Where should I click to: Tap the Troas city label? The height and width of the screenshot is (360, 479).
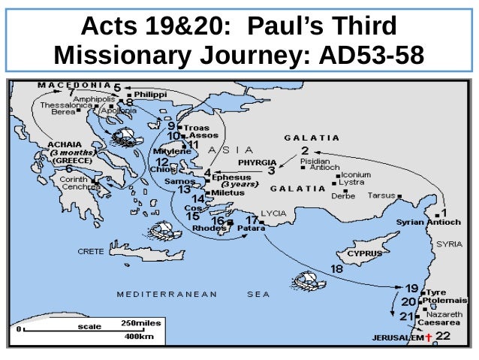click(x=197, y=127)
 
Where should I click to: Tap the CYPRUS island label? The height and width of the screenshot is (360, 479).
click(x=363, y=253)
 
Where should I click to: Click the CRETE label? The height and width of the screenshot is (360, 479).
click(x=91, y=252)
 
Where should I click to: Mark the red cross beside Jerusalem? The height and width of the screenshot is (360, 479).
click(x=428, y=337)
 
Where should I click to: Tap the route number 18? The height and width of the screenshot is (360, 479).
click(x=336, y=268)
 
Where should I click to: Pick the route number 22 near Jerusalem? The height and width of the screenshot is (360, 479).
click(x=443, y=335)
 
